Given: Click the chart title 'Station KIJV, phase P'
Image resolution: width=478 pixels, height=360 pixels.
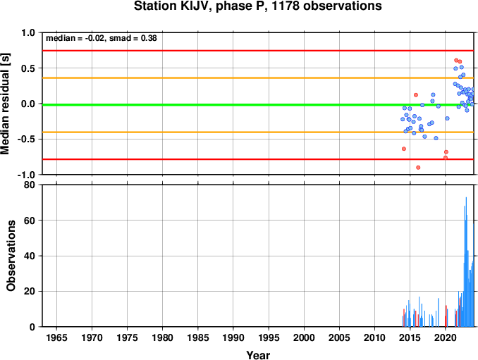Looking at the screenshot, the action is point(201,6).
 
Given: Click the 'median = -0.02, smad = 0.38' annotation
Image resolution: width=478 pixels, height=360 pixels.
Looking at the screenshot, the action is point(102,38).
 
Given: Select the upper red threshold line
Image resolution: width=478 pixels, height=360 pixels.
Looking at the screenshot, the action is point(258,51).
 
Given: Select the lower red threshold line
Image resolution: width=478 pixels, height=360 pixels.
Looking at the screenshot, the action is point(258,159).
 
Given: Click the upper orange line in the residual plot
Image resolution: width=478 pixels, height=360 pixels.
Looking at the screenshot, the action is point(258,78).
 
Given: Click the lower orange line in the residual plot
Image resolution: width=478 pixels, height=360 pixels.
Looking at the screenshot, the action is point(258,132).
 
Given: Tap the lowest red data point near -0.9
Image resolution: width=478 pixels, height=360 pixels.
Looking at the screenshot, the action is point(418,168).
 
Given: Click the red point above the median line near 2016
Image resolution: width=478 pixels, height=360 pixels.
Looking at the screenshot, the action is point(416,95).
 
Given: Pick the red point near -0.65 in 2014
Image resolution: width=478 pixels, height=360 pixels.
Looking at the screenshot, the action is point(404,149).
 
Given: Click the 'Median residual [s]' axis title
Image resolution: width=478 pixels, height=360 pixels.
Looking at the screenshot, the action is point(5,104).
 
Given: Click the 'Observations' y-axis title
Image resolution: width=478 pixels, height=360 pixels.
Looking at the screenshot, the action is point(11,256).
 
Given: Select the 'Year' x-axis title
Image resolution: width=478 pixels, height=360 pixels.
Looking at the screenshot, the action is point(258,355).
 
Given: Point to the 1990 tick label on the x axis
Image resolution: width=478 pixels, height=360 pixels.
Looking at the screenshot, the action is point(233,337).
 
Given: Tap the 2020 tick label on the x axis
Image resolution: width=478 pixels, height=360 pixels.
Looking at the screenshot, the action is point(446,337).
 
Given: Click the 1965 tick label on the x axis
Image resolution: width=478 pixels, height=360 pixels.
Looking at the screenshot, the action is point(56,337).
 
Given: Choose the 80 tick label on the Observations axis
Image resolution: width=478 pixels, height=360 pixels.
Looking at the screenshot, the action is point(30,185).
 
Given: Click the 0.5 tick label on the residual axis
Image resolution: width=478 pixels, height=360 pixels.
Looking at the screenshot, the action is point(28,68).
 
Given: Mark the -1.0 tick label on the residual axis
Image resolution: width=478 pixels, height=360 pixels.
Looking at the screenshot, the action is point(26,175).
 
